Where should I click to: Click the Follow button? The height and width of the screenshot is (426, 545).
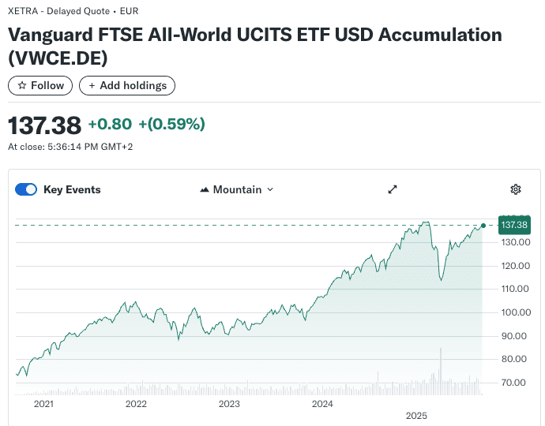[x=40, y=85]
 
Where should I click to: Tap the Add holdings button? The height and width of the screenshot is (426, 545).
[x=127, y=85]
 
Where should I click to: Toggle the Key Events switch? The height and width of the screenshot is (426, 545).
[x=27, y=189]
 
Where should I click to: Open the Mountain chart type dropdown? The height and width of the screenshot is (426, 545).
[x=237, y=189]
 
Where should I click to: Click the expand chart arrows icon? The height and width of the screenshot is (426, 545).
[x=393, y=189]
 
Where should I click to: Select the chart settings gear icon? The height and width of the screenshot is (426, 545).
[x=516, y=189]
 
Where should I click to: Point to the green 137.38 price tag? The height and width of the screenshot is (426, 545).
[x=514, y=225]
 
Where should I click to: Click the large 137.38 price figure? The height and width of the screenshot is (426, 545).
[x=44, y=125]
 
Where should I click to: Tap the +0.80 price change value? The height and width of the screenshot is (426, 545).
[x=110, y=124]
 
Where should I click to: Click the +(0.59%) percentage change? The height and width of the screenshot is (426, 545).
[x=171, y=124]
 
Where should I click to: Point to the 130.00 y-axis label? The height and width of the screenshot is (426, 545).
[x=513, y=242]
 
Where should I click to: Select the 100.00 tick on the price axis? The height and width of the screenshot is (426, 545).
[x=513, y=312]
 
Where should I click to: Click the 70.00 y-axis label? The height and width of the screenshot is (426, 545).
[x=513, y=383]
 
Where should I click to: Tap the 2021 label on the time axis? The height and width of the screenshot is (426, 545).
[x=43, y=404]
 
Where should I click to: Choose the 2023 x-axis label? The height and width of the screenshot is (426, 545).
[x=229, y=404]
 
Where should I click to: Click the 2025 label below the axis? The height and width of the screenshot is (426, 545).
[x=415, y=415]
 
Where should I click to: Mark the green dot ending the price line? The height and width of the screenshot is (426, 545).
[x=483, y=226]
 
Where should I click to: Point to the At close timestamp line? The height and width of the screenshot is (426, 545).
[x=70, y=147]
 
